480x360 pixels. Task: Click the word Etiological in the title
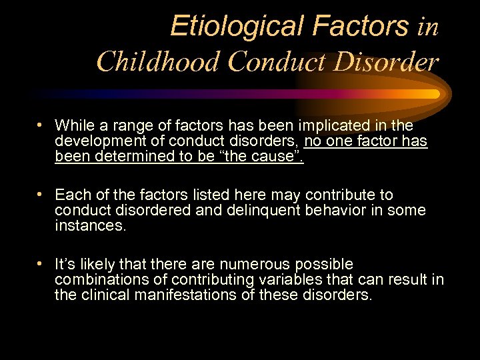click(220, 27)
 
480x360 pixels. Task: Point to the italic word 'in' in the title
click(427, 27)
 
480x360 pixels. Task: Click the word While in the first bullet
click(73, 125)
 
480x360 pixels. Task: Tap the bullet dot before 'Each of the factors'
click(41, 194)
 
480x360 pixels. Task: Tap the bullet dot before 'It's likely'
click(41, 263)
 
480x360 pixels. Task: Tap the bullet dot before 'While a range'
click(41, 125)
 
